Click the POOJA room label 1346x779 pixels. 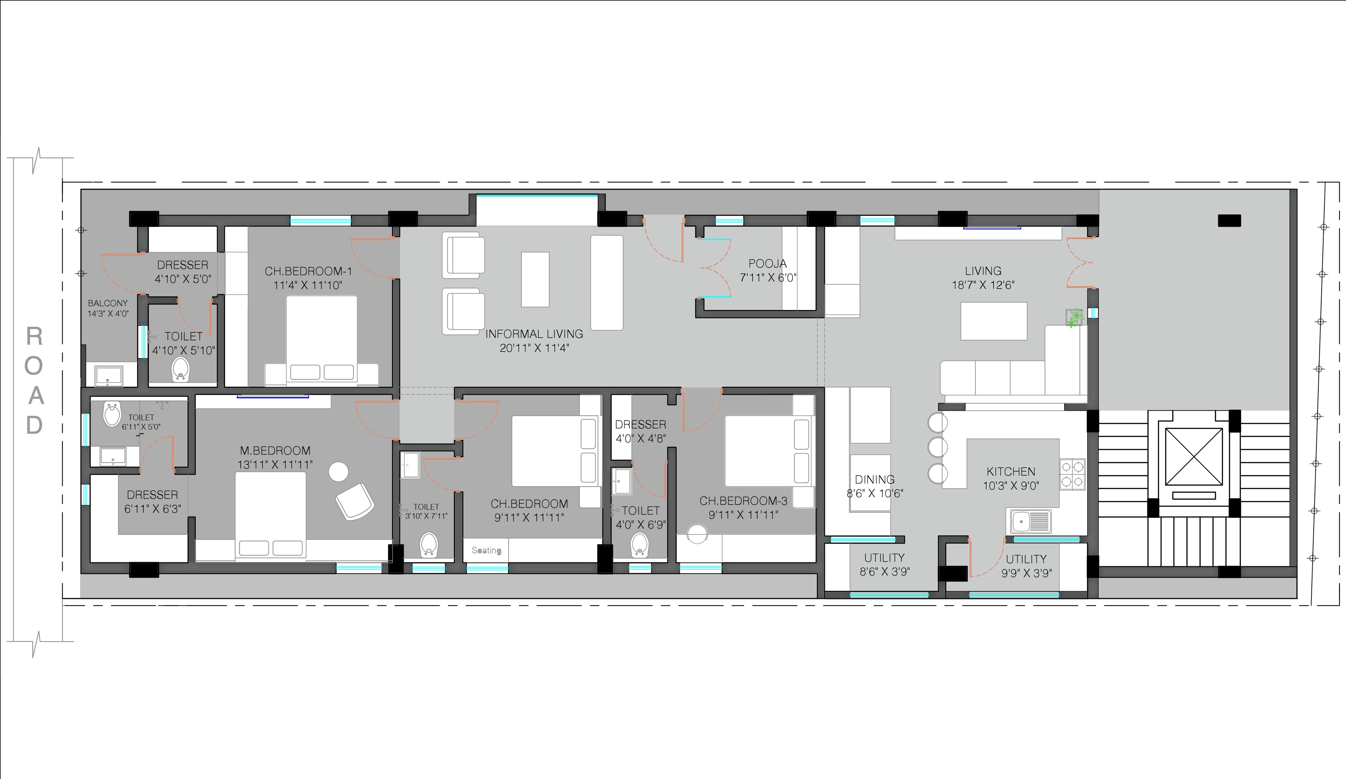(767, 264)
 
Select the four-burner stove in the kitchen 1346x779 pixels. (1072, 475)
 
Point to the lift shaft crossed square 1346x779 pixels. (1193, 457)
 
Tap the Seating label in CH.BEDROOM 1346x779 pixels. (486, 550)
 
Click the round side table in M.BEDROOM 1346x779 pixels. (338, 472)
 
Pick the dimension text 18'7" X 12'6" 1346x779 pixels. (983, 285)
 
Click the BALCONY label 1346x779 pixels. (107, 303)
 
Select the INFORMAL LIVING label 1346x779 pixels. (534, 334)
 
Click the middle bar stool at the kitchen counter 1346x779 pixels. (938, 447)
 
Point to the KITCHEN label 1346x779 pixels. (1010, 471)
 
